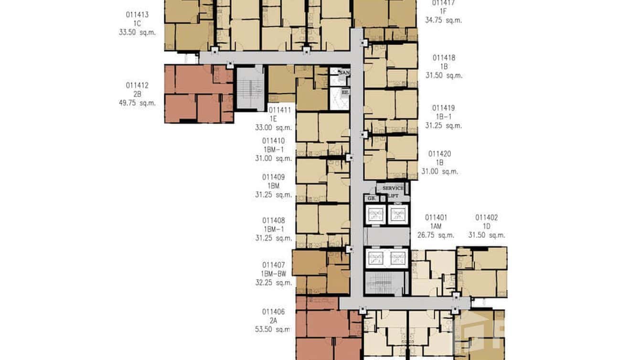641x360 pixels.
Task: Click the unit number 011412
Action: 137,85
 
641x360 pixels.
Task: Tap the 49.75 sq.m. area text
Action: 137,103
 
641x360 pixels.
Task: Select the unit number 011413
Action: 137,15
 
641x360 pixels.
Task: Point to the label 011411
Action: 279,110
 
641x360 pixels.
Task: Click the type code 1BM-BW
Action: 273,274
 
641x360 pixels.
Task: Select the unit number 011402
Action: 486,218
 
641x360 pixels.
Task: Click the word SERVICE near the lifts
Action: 393,188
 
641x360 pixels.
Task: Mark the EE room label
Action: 345,92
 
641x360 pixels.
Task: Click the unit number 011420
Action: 439,154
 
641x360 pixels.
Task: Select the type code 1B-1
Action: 443,117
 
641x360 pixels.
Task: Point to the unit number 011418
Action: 444,58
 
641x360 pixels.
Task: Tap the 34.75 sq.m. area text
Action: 443,20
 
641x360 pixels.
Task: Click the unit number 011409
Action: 273,177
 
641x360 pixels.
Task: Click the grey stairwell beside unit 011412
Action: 250,89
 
